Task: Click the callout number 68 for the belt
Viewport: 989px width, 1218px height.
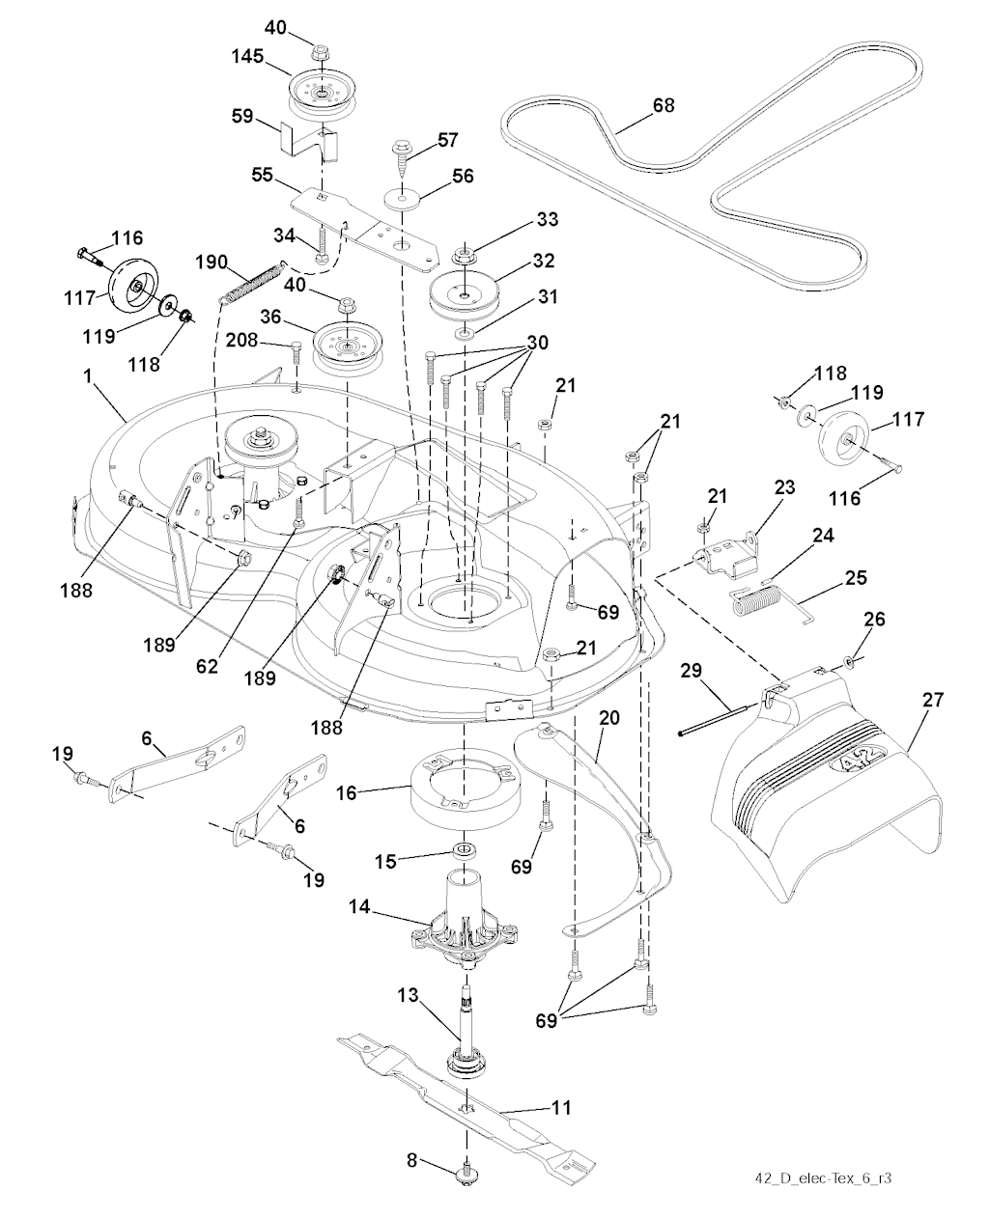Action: coord(664,105)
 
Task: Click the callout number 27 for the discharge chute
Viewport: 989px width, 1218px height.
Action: coord(932,700)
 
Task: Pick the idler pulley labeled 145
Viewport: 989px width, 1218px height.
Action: coord(318,93)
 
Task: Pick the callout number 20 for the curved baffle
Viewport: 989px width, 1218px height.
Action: coord(608,719)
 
